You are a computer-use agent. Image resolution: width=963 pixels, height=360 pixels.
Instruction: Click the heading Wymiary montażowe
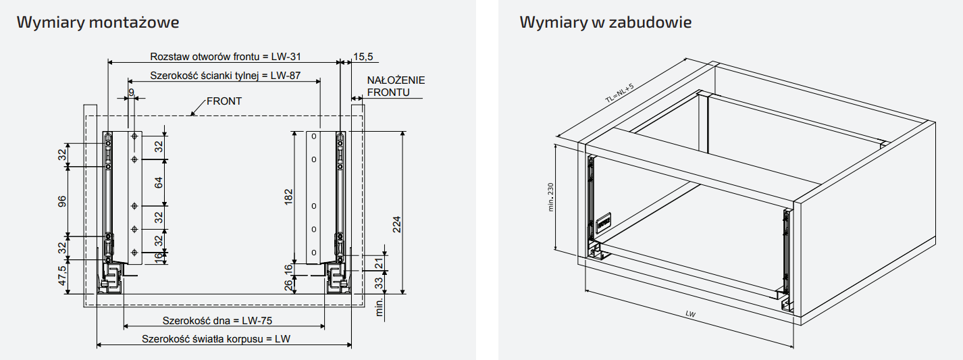(x=98, y=22)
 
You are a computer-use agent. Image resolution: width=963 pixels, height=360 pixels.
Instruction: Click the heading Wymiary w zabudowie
(x=605, y=22)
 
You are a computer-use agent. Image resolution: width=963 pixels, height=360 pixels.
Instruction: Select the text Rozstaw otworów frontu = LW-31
(x=222, y=57)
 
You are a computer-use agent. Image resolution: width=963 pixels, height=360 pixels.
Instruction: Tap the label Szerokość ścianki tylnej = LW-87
(x=226, y=76)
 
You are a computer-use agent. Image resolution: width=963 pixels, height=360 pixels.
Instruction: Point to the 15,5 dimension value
(x=363, y=57)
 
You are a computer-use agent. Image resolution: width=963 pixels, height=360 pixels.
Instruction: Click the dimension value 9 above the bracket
(x=131, y=92)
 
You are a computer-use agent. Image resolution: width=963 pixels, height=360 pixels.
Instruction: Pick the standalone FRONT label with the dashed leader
(x=224, y=101)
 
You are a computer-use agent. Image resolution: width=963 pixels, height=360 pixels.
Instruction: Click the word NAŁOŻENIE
(x=396, y=80)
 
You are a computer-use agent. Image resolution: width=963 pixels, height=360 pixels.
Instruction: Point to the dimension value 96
(x=61, y=201)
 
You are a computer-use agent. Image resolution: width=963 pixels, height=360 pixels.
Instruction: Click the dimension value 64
(x=159, y=182)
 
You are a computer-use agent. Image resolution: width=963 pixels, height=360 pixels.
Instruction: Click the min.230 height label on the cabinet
(x=551, y=197)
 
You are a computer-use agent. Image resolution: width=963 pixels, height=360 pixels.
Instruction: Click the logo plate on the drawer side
(x=604, y=221)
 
